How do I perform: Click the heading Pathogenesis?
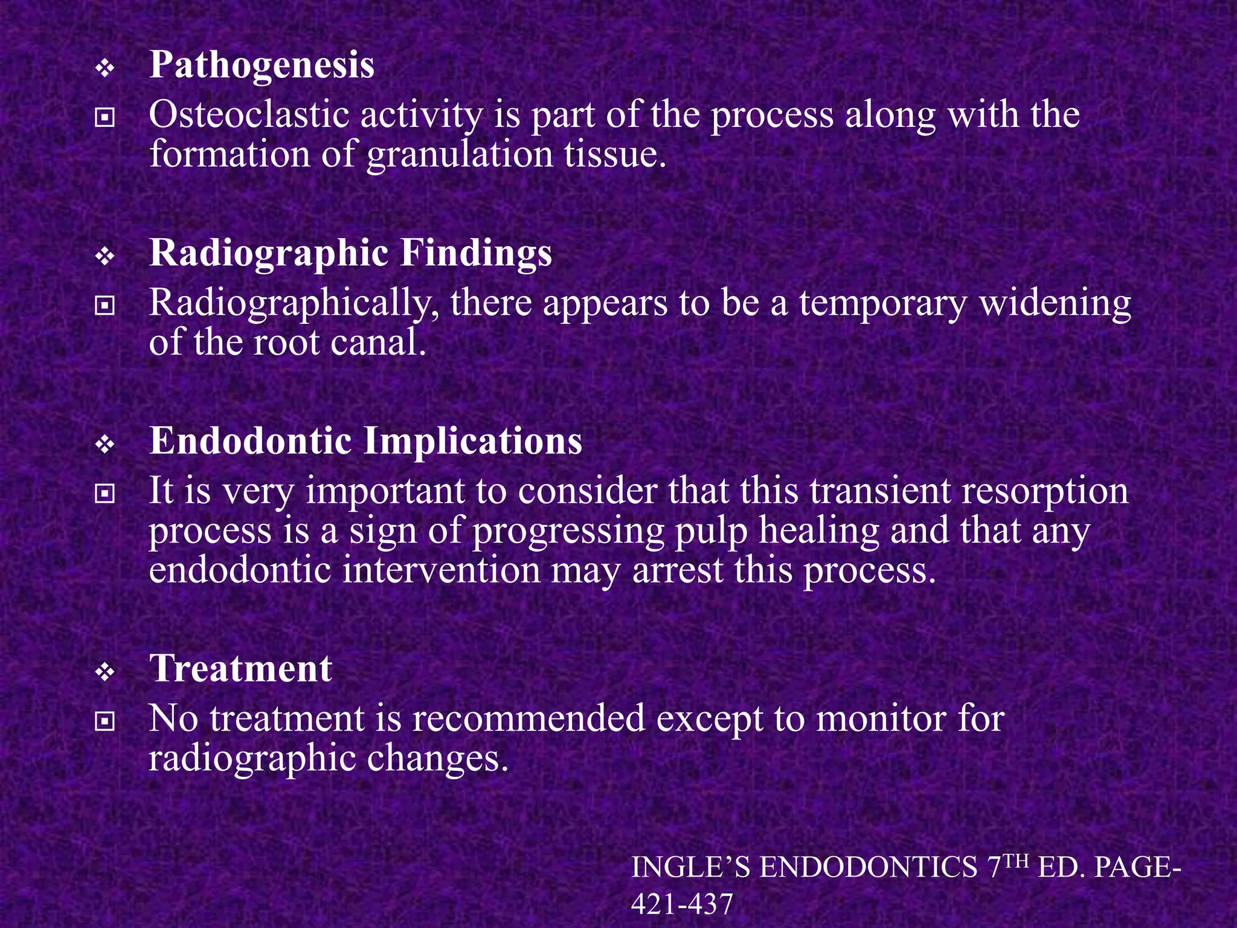tap(262, 65)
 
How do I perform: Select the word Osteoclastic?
tap(249, 115)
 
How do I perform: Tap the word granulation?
tap(460, 155)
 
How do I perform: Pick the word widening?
tap(1055, 303)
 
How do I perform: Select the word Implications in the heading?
tap(473, 442)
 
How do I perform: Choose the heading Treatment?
tap(240, 669)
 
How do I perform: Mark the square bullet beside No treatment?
tap(105, 721)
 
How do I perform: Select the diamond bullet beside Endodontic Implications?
tap(105, 445)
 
